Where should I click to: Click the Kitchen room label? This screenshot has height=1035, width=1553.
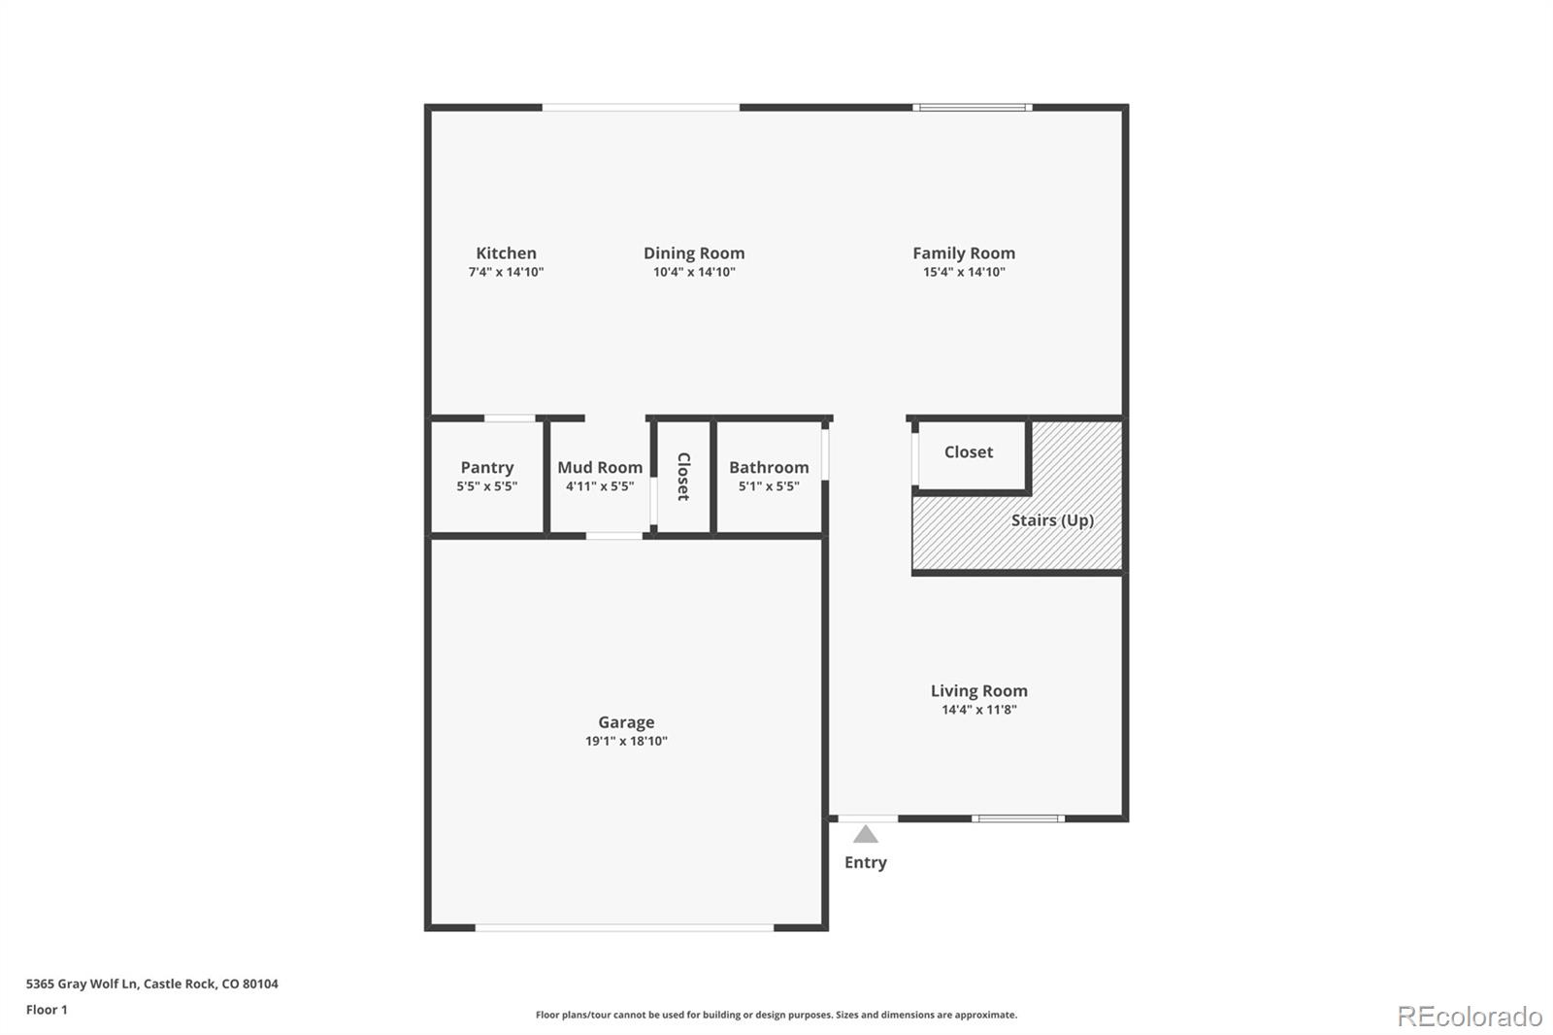[x=506, y=253]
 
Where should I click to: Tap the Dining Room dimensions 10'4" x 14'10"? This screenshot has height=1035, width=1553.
[x=694, y=273]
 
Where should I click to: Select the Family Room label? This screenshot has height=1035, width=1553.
[x=964, y=253]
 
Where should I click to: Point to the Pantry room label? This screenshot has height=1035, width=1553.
[x=487, y=468]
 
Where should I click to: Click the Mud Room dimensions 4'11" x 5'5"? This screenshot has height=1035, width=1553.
[x=600, y=486]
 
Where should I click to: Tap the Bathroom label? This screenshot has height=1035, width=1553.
[x=769, y=468]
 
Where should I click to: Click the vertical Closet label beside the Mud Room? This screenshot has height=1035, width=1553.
[x=683, y=476]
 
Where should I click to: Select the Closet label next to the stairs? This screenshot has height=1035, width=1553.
[x=969, y=452]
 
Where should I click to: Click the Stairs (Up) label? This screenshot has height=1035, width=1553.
[x=1052, y=520]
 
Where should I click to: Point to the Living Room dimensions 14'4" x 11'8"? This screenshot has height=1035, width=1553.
[x=978, y=710]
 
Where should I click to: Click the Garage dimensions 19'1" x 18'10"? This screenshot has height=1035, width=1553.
[x=626, y=741]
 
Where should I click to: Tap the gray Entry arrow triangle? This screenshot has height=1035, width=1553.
[x=866, y=835]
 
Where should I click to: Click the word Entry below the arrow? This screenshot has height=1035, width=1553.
[x=866, y=863]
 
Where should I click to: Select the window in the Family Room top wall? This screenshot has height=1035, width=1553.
[x=972, y=107]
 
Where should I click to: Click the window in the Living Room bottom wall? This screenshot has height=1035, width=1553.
[x=1018, y=818]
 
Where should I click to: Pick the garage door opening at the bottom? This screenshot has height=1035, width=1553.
[x=624, y=928]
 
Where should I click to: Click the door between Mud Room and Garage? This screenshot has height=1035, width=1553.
[x=614, y=535]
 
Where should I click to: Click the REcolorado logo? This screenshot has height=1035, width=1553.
[x=1470, y=1017]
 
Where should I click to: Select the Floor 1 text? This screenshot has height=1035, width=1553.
[x=47, y=1010]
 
